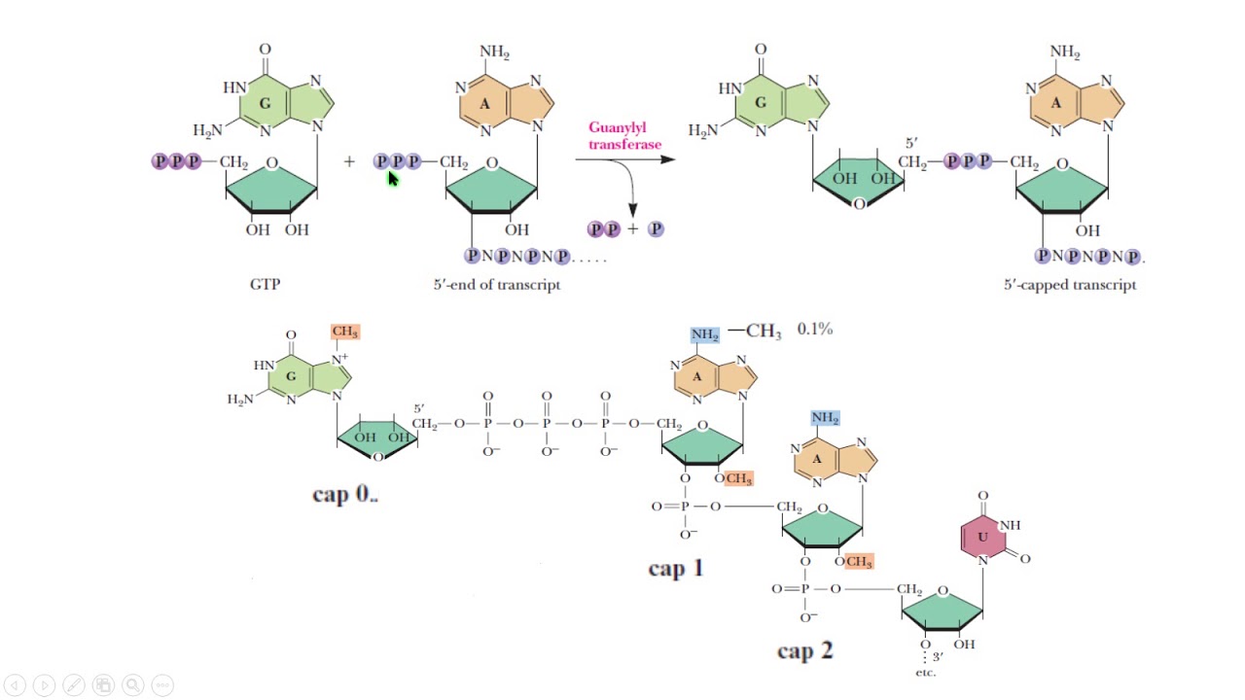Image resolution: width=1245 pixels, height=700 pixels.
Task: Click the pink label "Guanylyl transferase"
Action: pos(624,136)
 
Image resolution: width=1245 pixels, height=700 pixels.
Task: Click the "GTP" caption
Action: pos(266,285)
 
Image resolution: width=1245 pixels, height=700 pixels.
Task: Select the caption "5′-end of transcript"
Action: pos(497,285)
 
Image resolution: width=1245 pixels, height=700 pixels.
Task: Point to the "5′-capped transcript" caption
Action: pos(1070,285)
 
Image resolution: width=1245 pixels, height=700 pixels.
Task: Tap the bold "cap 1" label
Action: pos(676,568)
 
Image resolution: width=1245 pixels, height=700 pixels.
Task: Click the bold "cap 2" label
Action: pos(804,650)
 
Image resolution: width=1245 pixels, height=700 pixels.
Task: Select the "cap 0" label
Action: pos(344,494)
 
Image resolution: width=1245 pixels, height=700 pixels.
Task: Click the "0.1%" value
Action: pos(815,329)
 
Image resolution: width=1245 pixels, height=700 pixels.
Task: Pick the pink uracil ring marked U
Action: pos(982,538)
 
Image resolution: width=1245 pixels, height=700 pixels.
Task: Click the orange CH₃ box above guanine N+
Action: pos(344,332)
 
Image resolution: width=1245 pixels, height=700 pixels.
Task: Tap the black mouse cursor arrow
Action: pos(393,179)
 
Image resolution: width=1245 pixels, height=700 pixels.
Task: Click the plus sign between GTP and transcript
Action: pos(349,161)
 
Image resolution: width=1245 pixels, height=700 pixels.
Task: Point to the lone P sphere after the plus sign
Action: pos(656,228)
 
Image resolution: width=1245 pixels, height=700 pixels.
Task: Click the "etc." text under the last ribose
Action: pos(925,673)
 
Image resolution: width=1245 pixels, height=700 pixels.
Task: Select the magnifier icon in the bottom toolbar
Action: pos(133,685)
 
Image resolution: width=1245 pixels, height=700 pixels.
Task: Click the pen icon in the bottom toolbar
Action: pos(74,685)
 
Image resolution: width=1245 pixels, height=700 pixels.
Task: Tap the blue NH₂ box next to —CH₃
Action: pos(705,334)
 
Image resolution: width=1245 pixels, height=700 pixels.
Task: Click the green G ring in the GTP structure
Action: pos(266,103)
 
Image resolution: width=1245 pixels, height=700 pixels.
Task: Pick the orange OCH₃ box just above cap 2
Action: pos(859,562)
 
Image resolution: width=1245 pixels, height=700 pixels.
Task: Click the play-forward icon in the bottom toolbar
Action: pos(45,685)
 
